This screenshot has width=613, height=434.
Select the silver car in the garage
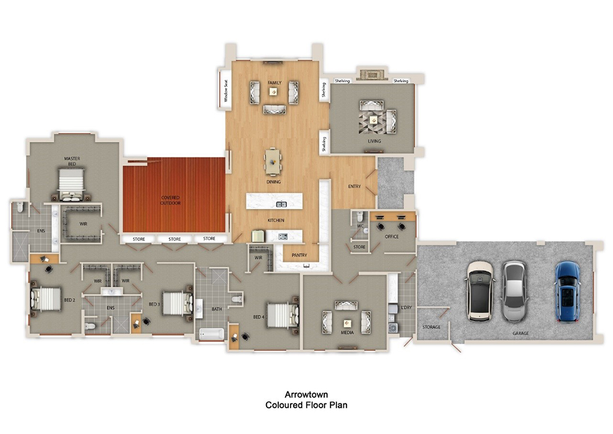514,291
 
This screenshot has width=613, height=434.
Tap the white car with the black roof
480,291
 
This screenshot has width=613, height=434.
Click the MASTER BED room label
72,161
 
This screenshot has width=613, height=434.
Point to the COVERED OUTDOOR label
170,201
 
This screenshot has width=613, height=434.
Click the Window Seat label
226,90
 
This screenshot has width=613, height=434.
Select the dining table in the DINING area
273,163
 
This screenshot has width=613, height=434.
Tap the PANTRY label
300,256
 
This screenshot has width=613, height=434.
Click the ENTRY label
354,187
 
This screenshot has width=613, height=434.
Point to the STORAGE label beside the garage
432,327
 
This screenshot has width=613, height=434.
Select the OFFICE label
391,236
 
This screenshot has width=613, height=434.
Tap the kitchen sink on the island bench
281,204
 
